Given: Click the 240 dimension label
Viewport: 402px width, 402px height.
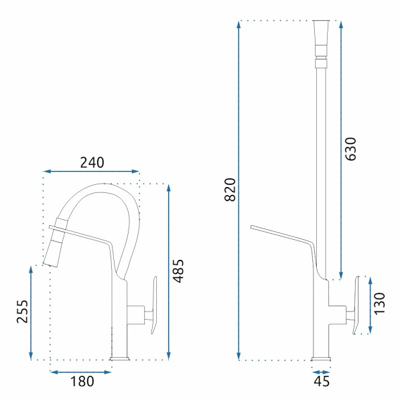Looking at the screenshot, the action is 92,162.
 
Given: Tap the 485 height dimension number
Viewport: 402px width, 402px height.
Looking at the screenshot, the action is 178,271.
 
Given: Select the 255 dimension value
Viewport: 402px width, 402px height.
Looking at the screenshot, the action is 22,312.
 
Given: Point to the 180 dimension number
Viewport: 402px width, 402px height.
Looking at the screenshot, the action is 82,381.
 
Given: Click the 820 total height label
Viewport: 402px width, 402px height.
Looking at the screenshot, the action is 230,190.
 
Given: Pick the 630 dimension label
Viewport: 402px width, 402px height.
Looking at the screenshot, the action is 350,149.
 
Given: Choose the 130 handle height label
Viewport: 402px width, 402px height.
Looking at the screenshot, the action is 380,304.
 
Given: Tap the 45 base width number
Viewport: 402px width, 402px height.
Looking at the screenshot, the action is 322,381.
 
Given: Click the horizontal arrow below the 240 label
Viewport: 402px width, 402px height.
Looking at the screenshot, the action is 92,172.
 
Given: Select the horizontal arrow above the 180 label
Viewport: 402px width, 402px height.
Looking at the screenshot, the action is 81,372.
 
